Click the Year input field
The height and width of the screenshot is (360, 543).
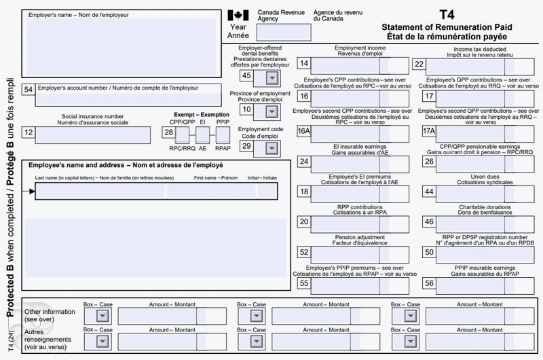pyautogui.click(x=270, y=33)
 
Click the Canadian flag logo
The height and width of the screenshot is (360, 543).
pyautogui.click(x=238, y=15)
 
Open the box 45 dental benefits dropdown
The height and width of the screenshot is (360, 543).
pyautogui.click(x=262, y=77)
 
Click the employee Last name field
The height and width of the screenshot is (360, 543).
pyautogui.click(x=102, y=192)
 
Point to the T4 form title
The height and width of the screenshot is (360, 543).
pyautogui.click(x=447, y=14)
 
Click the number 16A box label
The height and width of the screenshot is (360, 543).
pyautogui.click(x=304, y=131)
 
